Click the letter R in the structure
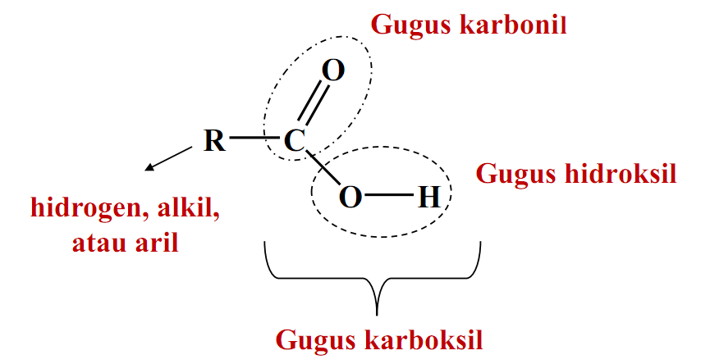pyautogui.click(x=214, y=141)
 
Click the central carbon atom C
pyautogui.click(x=294, y=141)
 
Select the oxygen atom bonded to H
pyautogui.click(x=350, y=197)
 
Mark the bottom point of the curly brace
pyautogui.click(x=376, y=314)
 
